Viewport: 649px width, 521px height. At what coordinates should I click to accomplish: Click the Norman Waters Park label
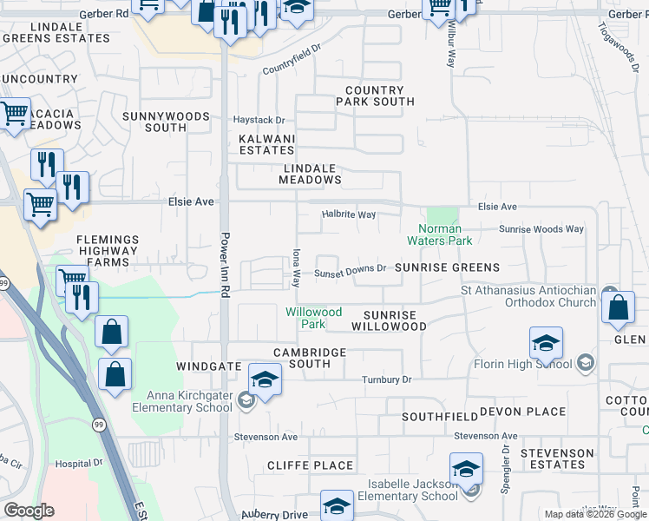coord(440,234)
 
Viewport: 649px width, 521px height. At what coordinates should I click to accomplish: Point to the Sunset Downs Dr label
coord(350,270)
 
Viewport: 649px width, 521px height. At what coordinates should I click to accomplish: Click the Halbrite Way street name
coord(348,214)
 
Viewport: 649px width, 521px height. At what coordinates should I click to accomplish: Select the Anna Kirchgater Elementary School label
coord(178,400)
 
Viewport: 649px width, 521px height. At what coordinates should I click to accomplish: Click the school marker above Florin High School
coord(545,344)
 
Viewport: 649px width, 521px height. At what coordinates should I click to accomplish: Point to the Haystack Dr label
coord(259,120)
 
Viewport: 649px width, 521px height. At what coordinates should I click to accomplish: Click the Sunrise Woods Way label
coord(541,229)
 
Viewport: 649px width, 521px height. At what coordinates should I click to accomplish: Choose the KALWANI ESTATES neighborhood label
coord(267,144)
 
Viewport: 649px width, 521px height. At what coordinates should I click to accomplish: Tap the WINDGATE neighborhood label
coord(208,366)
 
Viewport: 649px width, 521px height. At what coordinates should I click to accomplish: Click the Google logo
coord(29,511)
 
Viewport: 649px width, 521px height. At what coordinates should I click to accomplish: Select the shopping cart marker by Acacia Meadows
coord(13,114)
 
